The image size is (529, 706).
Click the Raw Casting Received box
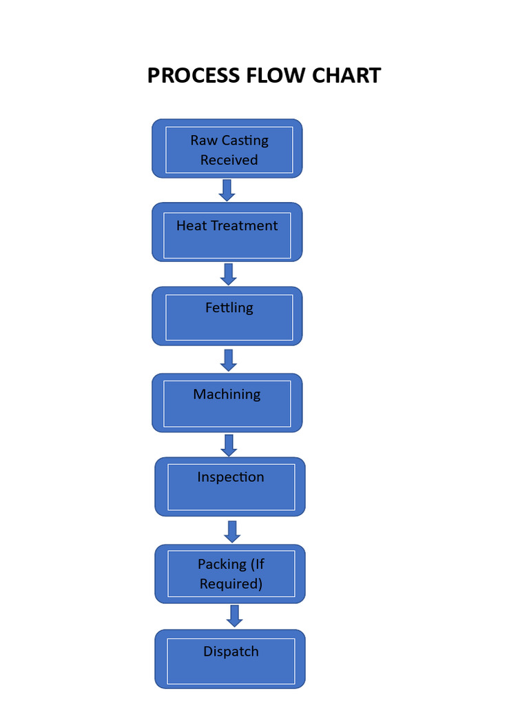pos(227,149)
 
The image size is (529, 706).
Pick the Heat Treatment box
pos(227,233)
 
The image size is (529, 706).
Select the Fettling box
pos(227,316)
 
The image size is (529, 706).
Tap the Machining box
pos(227,403)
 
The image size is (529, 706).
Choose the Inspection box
pos(230,487)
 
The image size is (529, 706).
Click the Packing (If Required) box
pos(230,574)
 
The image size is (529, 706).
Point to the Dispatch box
pos(230,659)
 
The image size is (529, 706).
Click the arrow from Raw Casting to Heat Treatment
pos(227,190)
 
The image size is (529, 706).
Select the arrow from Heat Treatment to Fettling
pos(229,274)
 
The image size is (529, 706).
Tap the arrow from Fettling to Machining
pos(229,359)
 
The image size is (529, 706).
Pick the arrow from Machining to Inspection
pos(229,445)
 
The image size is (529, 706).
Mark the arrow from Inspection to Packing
pos(232,531)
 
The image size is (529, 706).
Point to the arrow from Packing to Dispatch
pos(234,616)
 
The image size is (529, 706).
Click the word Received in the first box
pos(229,160)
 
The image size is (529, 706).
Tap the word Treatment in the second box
pos(245,225)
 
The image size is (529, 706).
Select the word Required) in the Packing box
pos(231,584)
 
